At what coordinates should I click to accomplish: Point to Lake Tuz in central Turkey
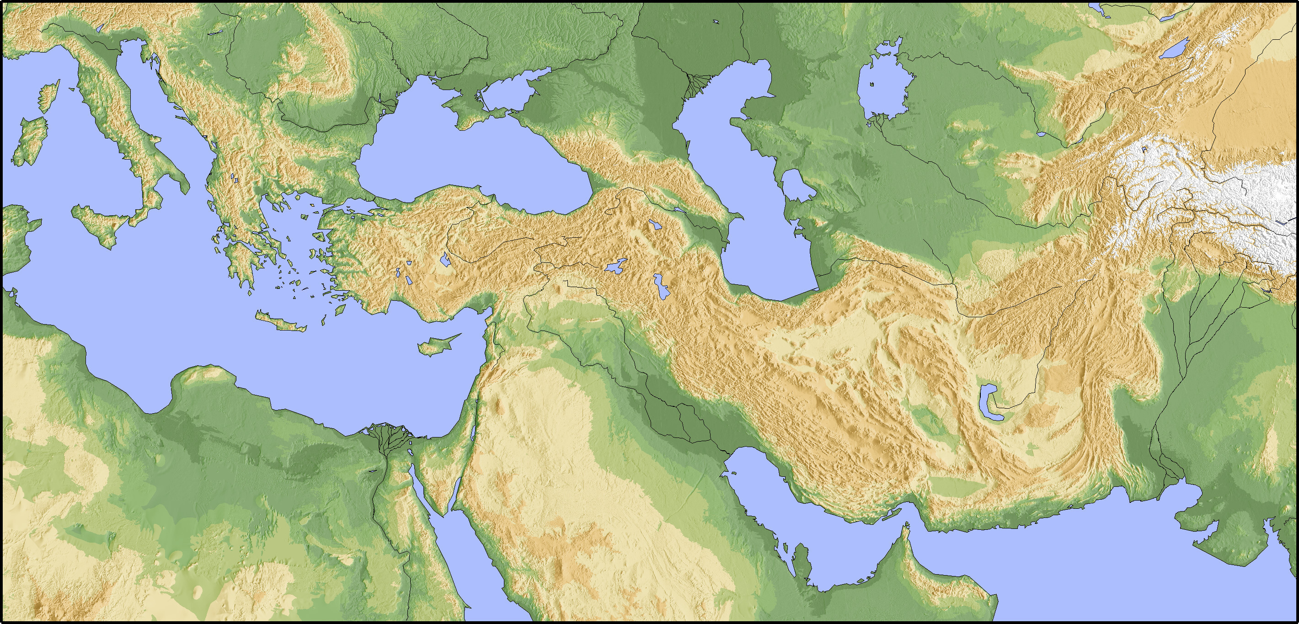445,260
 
